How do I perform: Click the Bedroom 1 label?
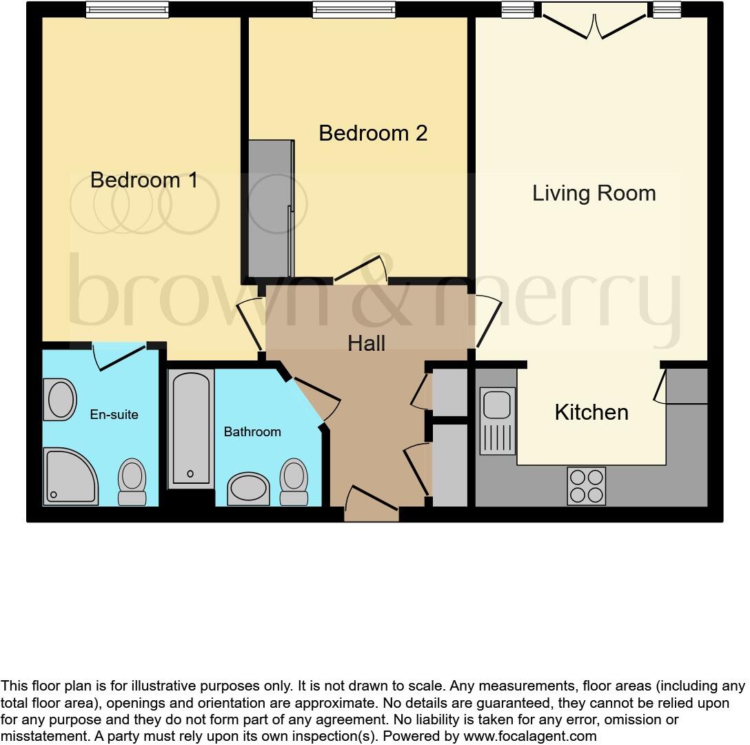point(144,181)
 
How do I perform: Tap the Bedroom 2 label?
point(373,133)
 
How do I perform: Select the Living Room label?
point(594,193)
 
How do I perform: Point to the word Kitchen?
point(591,412)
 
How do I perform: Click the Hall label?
point(366,343)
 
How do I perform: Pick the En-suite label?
point(114,415)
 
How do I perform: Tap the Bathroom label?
point(252,432)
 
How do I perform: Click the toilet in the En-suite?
point(132,482)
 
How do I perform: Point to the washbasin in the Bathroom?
point(248,489)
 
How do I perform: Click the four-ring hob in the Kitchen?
point(586,486)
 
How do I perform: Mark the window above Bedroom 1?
point(128,10)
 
